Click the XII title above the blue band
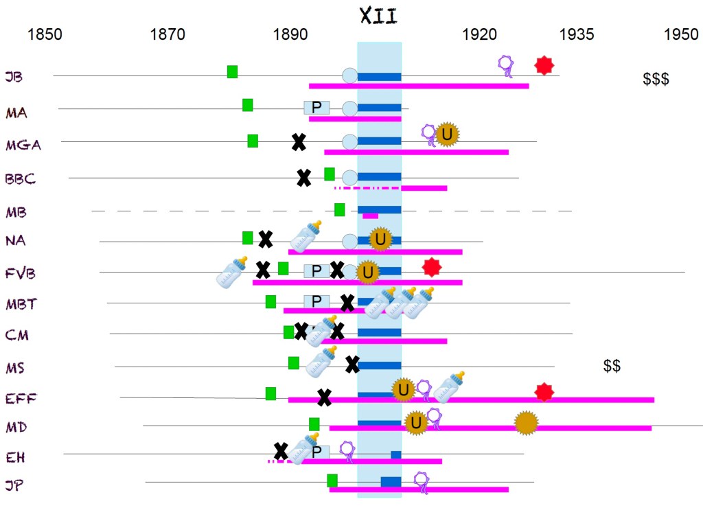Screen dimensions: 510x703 point(378,16)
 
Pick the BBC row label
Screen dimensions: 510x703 point(20,178)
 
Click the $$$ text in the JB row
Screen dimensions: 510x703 point(656,79)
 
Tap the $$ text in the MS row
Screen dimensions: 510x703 point(612,366)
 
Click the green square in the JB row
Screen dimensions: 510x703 point(233,71)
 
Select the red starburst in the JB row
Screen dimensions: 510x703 point(544,65)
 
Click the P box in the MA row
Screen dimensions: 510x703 point(316,107)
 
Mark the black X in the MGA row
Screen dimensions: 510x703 point(299,142)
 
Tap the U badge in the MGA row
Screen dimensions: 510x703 point(447,135)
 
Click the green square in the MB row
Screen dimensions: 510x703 point(340,209)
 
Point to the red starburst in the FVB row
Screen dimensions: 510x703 point(431,266)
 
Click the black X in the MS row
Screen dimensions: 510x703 point(352,364)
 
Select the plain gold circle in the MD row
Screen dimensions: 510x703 point(526,422)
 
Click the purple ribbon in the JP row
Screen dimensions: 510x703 point(422,482)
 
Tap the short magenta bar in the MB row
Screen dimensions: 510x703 point(370,216)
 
